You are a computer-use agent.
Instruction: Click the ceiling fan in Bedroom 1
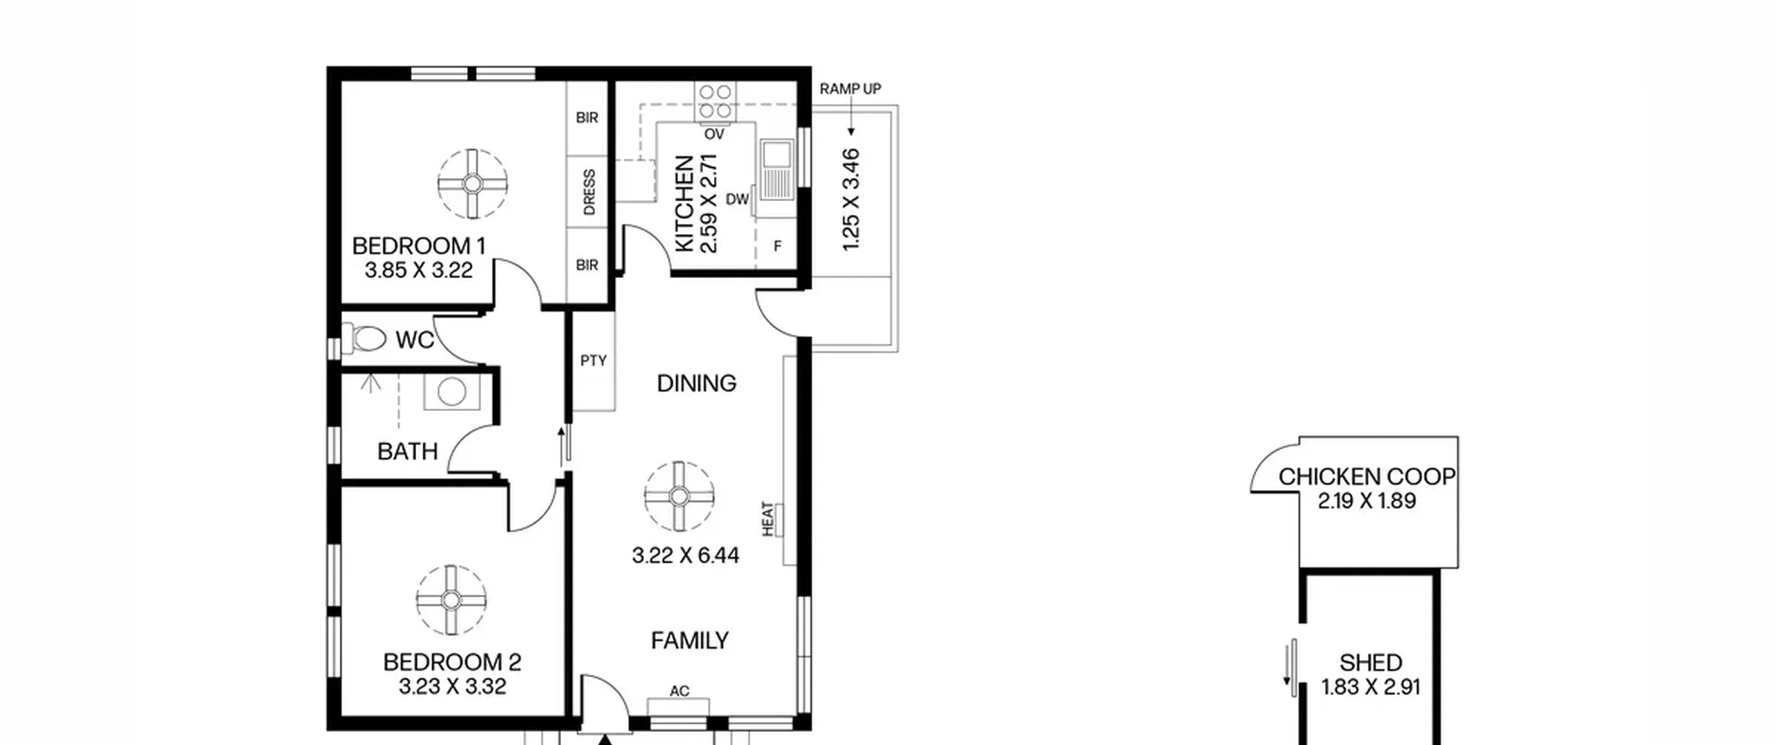(x=473, y=184)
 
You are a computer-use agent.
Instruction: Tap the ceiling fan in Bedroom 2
(x=451, y=599)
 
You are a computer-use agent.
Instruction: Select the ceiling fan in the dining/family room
(x=679, y=496)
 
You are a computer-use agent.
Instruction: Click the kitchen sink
(x=777, y=170)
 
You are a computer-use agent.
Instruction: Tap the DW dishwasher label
(x=737, y=200)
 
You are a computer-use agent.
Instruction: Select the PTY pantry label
(x=594, y=360)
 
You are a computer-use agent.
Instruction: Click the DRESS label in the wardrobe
(x=589, y=192)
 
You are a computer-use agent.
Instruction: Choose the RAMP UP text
(x=850, y=89)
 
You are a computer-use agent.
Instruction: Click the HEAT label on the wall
(x=768, y=518)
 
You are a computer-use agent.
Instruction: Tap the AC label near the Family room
(x=679, y=691)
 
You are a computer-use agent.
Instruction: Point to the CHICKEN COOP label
(x=1367, y=477)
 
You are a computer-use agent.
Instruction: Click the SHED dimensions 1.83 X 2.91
(x=1370, y=687)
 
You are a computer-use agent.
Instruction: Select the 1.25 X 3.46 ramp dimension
(x=851, y=200)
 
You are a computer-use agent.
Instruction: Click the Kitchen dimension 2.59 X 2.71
(x=708, y=203)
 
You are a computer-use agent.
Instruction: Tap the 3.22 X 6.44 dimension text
(x=685, y=555)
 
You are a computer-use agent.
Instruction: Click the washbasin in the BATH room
(x=451, y=392)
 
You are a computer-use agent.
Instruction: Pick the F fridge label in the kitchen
(x=777, y=246)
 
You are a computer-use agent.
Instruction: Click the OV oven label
(x=714, y=134)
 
